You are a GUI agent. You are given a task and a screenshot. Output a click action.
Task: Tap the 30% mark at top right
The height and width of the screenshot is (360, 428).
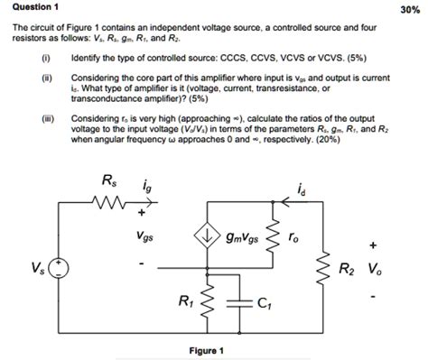point(412,9)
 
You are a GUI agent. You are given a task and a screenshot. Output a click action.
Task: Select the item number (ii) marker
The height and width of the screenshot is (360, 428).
point(46,79)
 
